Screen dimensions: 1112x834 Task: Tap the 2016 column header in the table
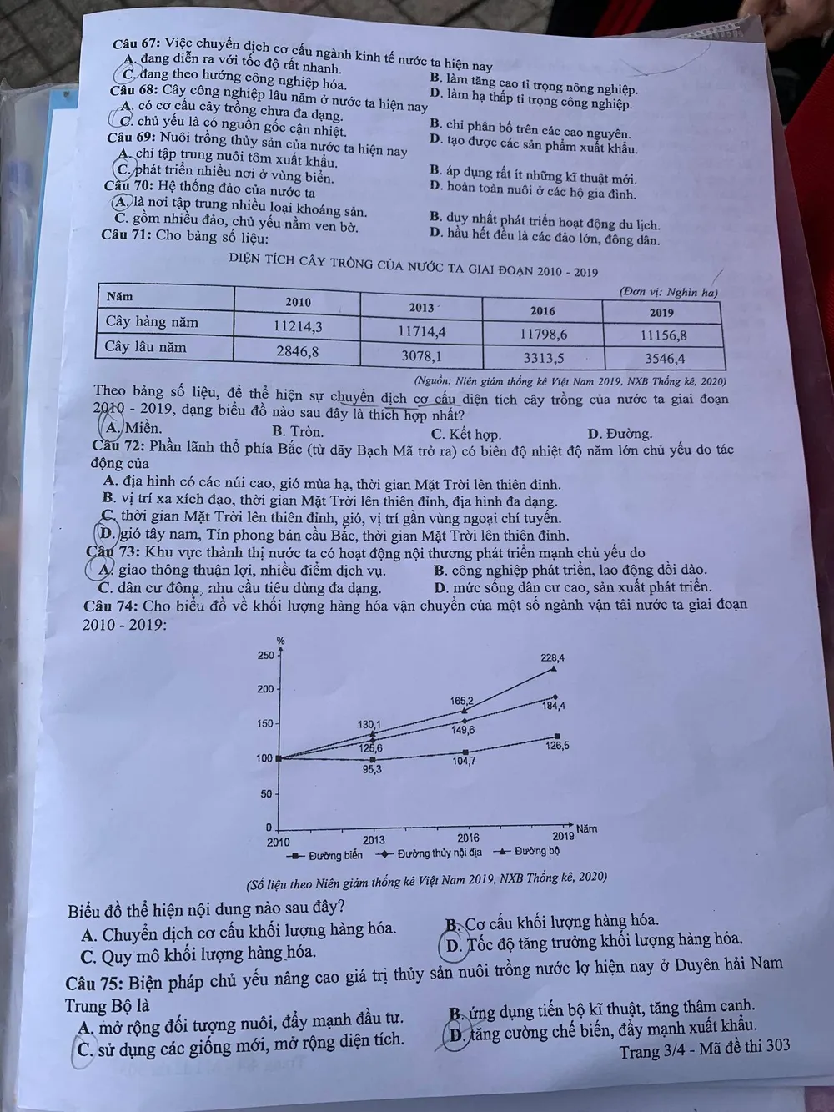(543, 311)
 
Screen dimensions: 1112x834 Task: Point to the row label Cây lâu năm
(146, 346)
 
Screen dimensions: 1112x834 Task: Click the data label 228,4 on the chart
(552, 658)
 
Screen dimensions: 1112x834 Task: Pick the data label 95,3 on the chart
(372, 769)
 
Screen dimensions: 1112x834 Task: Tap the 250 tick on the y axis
(264, 655)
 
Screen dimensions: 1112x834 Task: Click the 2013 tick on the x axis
(373, 840)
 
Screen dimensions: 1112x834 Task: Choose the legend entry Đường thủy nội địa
(430, 853)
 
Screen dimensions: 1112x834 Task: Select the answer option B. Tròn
(298, 432)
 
